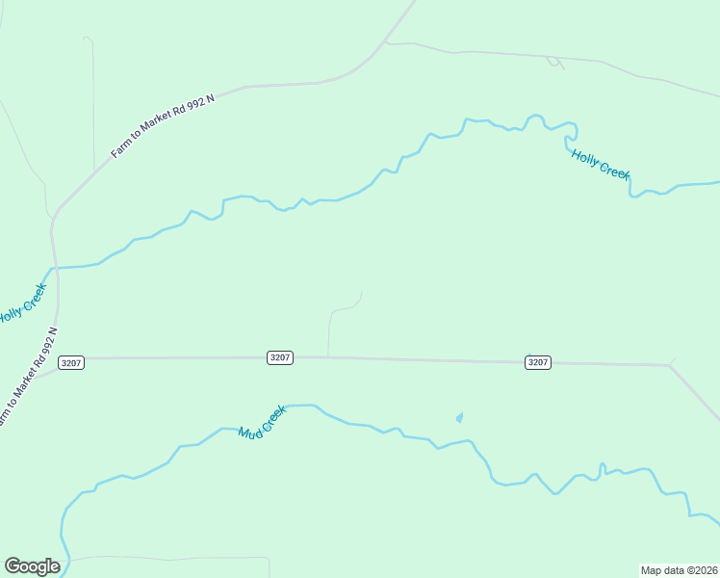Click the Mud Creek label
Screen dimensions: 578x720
pyautogui.click(x=263, y=421)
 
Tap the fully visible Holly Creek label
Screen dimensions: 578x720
pyautogui.click(x=600, y=164)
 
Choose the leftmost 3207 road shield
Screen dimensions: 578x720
pyautogui.click(x=71, y=362)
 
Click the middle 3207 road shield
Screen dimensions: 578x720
pyautogui.click(x=280, y=357)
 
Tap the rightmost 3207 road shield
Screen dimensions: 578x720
pyautogui.click(x=538, y=361)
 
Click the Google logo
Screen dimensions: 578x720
pyautogui.click(x=32, y=566)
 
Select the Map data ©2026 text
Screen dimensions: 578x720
pyautogui.click(x=679, y=570)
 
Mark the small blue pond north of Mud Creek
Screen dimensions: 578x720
pyautogui.click(x=459, y=418)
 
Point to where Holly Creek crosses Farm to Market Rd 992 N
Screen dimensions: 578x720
pyautogui.click(x=54, y=267)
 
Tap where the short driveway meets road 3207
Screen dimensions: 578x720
pyautogui.click(x=328, y=357)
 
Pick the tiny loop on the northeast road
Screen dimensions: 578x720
pyautogui.click(x=553, y=63)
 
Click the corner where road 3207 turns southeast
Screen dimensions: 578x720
pyautogui.click(x=670, y=365)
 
